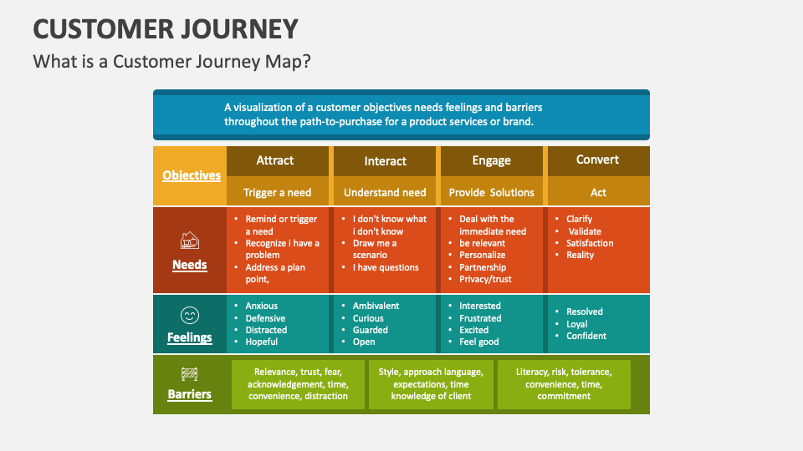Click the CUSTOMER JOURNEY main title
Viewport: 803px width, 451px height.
click(166, 29)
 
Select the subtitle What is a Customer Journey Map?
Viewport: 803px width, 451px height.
click(176, 63)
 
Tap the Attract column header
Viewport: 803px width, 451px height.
click(275, 160)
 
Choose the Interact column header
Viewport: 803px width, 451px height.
click(386, 161)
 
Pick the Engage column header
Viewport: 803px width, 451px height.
click(491, 161)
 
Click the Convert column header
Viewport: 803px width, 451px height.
click(597, 160)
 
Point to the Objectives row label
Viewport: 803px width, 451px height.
click(192, 175)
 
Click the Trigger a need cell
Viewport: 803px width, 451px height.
click(277, 192)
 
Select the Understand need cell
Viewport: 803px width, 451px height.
click(385, 192)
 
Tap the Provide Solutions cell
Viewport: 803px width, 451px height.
click(491, 192)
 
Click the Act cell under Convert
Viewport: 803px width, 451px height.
click(598, 192)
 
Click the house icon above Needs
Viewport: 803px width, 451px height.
click(190, 241)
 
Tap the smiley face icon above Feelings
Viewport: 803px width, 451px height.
click(190, 315)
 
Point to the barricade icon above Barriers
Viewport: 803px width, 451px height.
click(190, 374)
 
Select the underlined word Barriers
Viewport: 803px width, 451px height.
click(190, 394)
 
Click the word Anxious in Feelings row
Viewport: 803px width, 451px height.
click(261, 306)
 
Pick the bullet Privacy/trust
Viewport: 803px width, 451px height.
click(485, 279)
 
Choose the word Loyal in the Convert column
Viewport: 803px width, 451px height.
click(576, 324)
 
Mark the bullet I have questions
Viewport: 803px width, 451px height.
click(386, 267)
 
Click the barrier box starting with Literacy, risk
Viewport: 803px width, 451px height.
click(564, 384)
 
